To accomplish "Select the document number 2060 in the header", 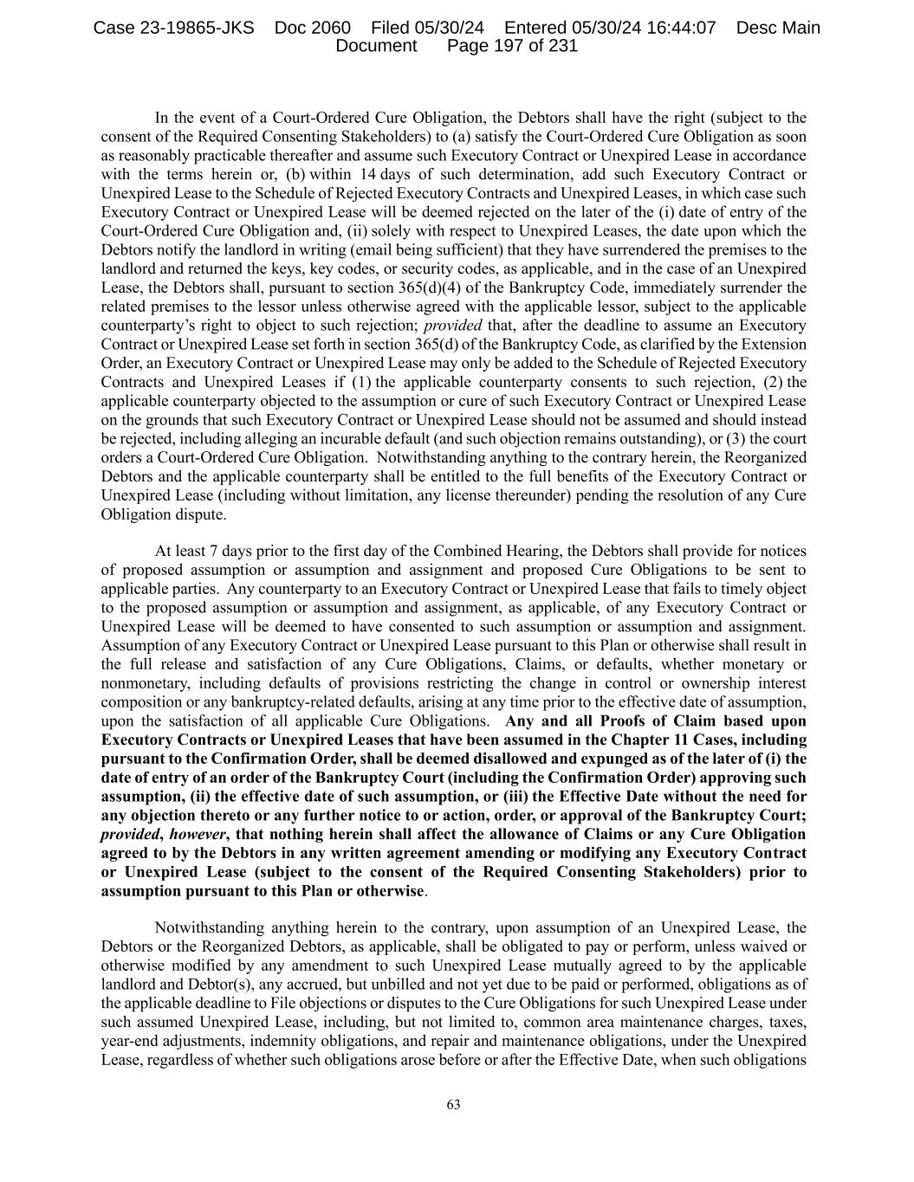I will click(x=333, y=28).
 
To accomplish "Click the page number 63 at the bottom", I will click(x=453, y=1104).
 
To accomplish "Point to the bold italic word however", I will click(x=198, y=834).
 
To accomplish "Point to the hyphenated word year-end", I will click(x=131, y=1041).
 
